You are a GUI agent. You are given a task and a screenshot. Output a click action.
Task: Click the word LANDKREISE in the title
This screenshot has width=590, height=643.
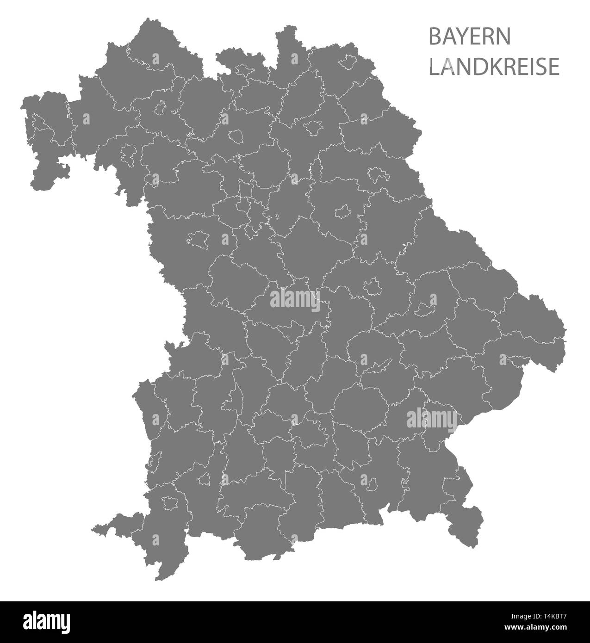[494, 67]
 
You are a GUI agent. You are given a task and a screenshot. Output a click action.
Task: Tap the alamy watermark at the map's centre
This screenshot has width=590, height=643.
[295, 301]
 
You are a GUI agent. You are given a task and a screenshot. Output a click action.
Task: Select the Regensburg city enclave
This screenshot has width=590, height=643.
[371, 287]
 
